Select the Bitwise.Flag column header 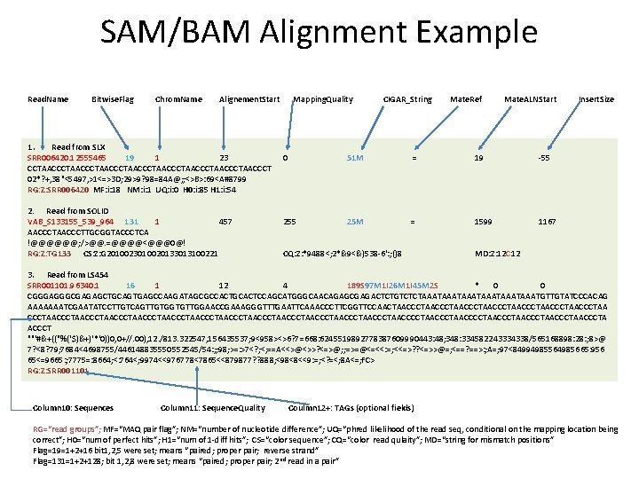click(113, 98)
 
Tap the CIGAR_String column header click(407, 98)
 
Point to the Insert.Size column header click(596, 98)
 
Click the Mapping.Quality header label click(322, 98)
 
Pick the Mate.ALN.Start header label click(531, 98)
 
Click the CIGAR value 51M click(355, 157)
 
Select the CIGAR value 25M click(355, 220)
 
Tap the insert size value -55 click(546, 157)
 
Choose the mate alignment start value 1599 click(484, 220)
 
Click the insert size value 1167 click(548, 220)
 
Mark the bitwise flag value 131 click(130, 220)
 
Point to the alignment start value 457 click(225, 220)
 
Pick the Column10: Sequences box click(72, 408)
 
